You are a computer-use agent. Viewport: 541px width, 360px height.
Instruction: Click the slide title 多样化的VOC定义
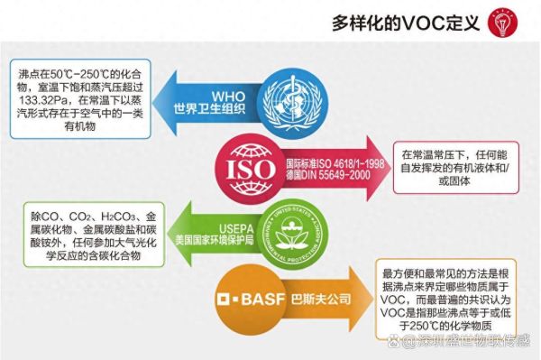405,22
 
